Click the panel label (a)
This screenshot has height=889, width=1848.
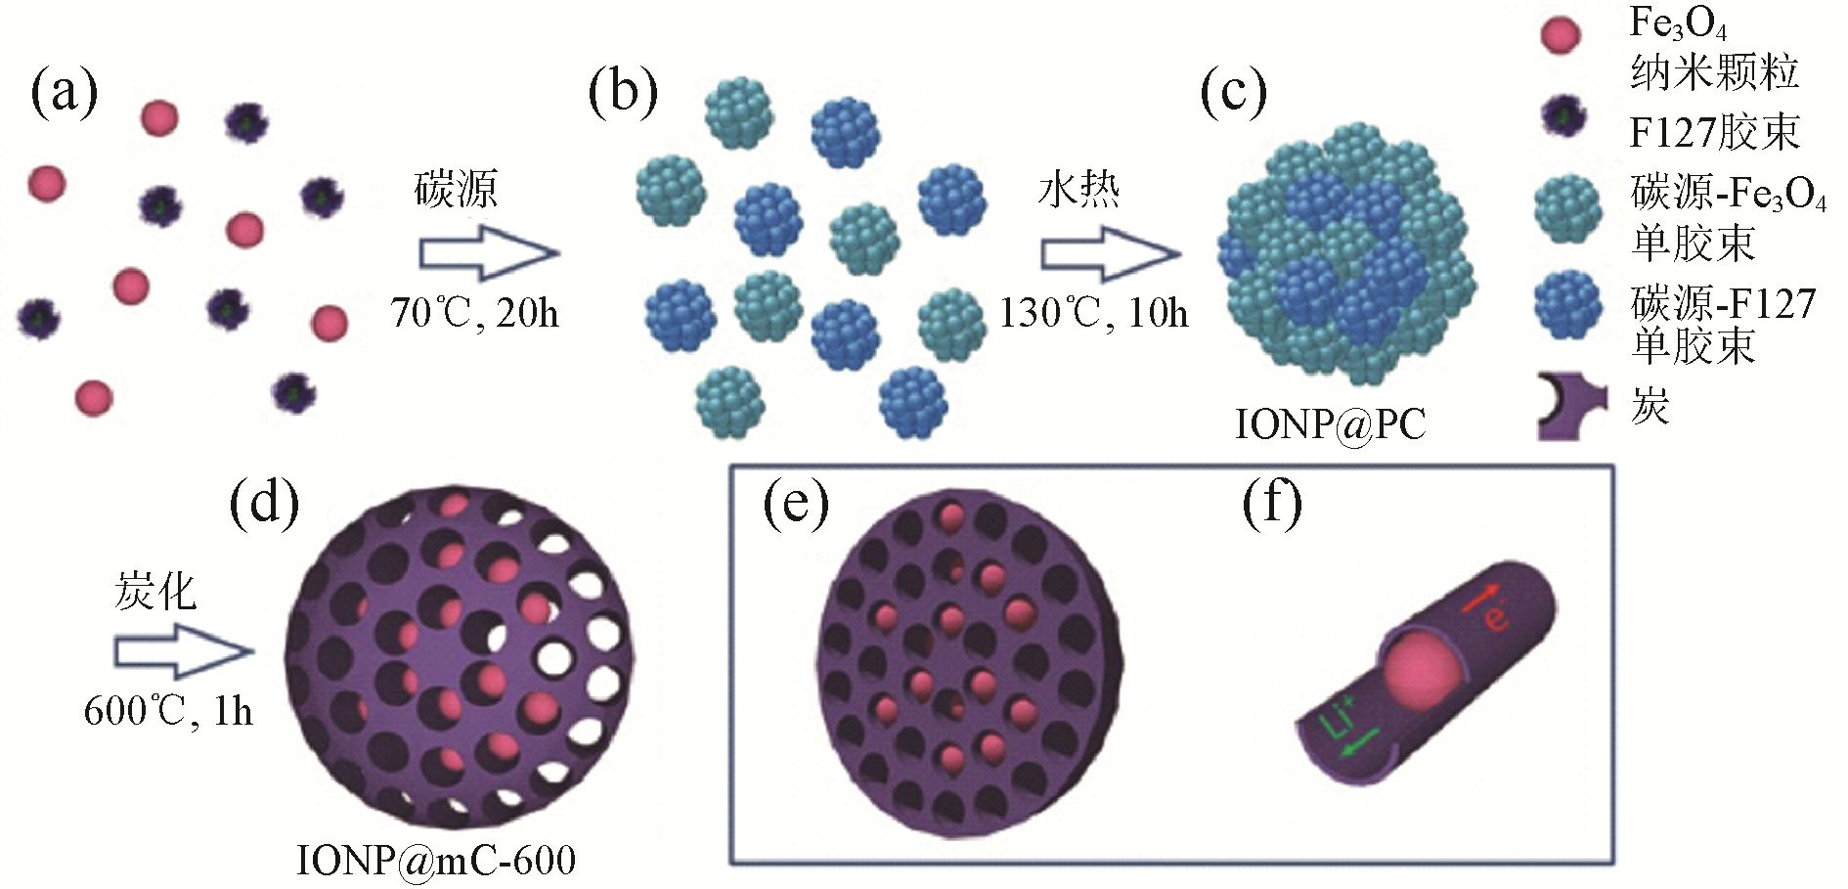coord(65,94)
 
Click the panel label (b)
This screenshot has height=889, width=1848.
coord(623,94)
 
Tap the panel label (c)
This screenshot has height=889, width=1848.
coord(1233,94)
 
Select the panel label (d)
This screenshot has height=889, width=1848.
coord(264,505)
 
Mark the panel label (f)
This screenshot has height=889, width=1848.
coord(1271,505)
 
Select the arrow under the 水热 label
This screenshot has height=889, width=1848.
coord(1110,253)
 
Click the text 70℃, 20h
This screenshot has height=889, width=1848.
coord(474,313)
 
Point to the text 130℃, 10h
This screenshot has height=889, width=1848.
coord(1093,313)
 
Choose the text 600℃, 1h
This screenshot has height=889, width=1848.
coord(168,711)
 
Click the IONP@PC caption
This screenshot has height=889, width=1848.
coord(1330,424)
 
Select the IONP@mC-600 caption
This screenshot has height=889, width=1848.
coord(436,861)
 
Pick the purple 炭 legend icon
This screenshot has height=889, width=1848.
coord(1570,406)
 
